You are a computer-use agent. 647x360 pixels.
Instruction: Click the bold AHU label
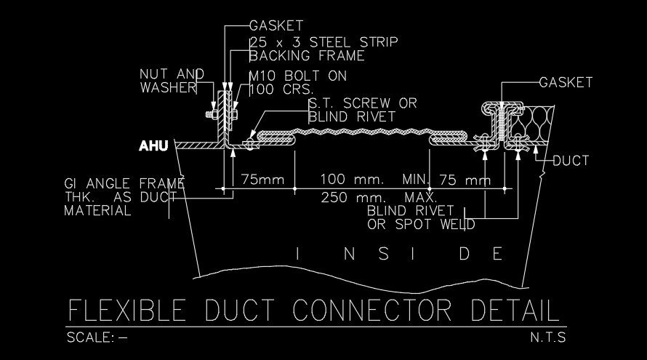coord(153,146)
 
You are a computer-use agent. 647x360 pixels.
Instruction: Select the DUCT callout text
coord(571,160)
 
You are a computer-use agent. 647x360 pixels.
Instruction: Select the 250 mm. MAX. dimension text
coord(378,197)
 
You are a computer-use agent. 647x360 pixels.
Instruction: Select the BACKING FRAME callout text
coord(307,55)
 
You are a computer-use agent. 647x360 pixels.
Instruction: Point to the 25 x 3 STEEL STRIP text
coord(323,42)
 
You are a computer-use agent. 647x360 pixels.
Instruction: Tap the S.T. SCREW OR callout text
coord(363,103)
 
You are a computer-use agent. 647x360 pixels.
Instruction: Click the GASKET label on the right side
coord(566,82)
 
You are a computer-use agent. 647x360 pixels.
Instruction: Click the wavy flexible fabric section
coord(363,135)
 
